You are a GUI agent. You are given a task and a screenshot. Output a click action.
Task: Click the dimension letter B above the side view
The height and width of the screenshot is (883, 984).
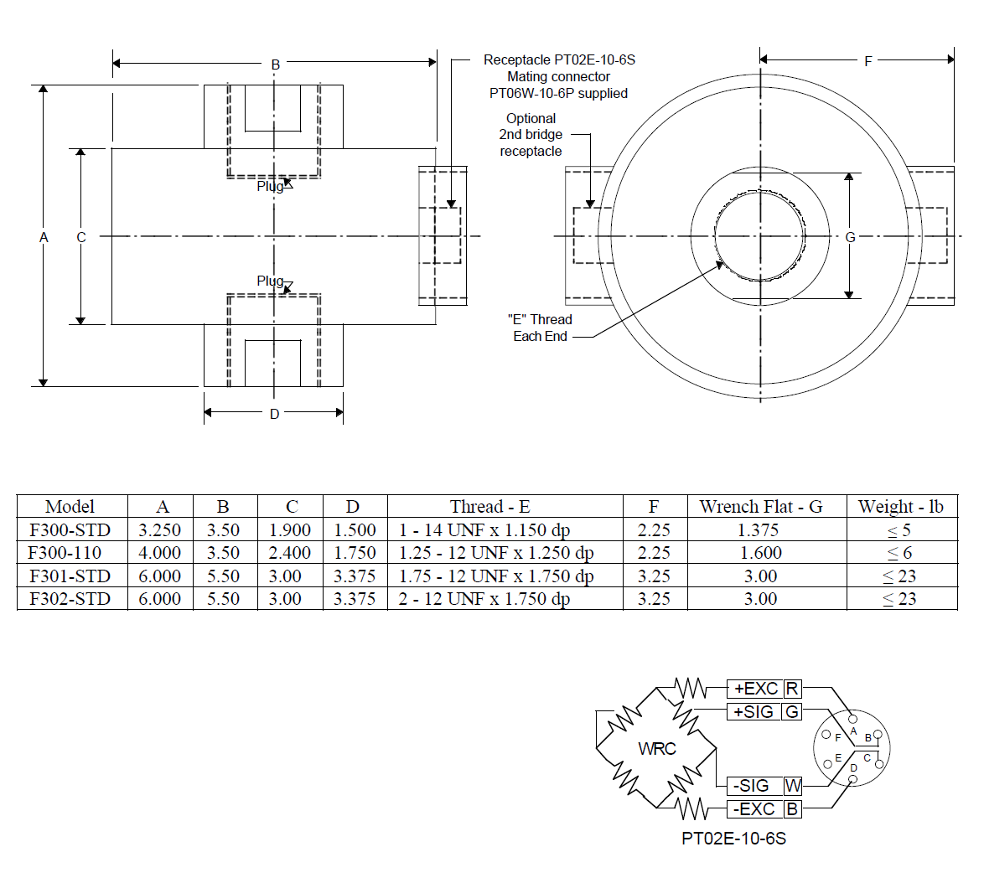click(275, 65)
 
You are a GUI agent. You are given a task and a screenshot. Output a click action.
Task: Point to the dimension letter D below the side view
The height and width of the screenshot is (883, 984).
click(274, 414)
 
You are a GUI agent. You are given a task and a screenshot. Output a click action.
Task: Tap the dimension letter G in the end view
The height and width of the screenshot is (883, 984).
click(850, 237)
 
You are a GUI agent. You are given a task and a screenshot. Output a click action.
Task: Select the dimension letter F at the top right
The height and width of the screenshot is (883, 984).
click(868, 61)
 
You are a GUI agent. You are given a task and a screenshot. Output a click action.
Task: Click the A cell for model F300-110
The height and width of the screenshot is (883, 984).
click(160, 553)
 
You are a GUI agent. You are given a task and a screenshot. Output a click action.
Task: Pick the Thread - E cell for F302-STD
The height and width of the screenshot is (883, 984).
click(484, 599)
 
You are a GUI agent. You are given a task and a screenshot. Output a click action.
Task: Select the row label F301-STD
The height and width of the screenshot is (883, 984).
click(70, 576)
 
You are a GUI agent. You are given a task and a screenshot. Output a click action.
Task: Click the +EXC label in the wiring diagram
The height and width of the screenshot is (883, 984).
click(756, 689)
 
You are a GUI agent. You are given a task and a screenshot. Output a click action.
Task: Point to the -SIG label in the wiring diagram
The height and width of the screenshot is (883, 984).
click(751, 786)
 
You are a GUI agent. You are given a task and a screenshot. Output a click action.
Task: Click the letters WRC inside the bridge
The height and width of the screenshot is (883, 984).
click(657, 749)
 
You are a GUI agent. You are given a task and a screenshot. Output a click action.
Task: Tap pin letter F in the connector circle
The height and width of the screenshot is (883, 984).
click(837, 738)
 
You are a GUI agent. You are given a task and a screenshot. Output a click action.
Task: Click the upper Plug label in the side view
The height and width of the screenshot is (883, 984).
click(271, 186)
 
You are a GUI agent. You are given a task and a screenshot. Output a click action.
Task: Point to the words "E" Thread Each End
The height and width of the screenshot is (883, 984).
click(540, 328)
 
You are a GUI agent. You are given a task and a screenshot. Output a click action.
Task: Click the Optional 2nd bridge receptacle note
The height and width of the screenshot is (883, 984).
click(531, 135)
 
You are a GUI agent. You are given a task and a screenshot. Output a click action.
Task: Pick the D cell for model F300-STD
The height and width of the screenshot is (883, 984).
click(355, 530)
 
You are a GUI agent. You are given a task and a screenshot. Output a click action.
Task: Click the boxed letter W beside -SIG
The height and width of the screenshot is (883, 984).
click(793, 786)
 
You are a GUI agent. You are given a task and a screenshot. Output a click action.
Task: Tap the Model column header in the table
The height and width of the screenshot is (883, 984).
click(70, 507)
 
